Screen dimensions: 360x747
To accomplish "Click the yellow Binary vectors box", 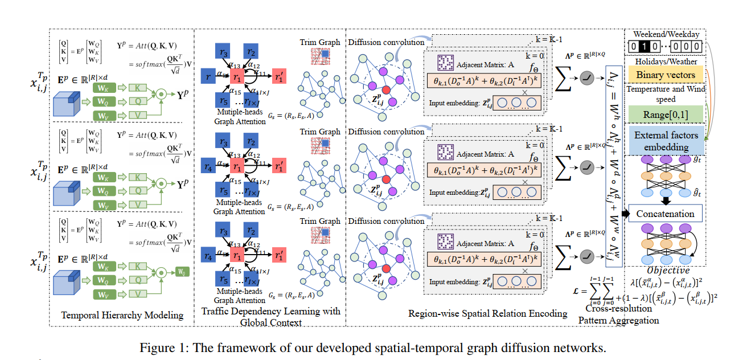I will [665, 75].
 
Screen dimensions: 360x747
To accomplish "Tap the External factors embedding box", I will [665, 141].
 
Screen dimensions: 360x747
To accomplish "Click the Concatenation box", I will [665, 214].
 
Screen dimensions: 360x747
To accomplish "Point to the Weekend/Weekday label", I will [666, 34].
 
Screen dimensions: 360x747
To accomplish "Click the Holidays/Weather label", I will [665, 61].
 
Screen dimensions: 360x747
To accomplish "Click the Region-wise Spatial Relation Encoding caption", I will [488, 313].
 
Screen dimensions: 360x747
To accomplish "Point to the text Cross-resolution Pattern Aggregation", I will [619, 314].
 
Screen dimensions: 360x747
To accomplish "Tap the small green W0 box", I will [182, 271].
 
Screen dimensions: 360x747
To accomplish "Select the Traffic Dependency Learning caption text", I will [270, 317].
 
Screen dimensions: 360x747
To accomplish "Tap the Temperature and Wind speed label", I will [665, 93].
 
